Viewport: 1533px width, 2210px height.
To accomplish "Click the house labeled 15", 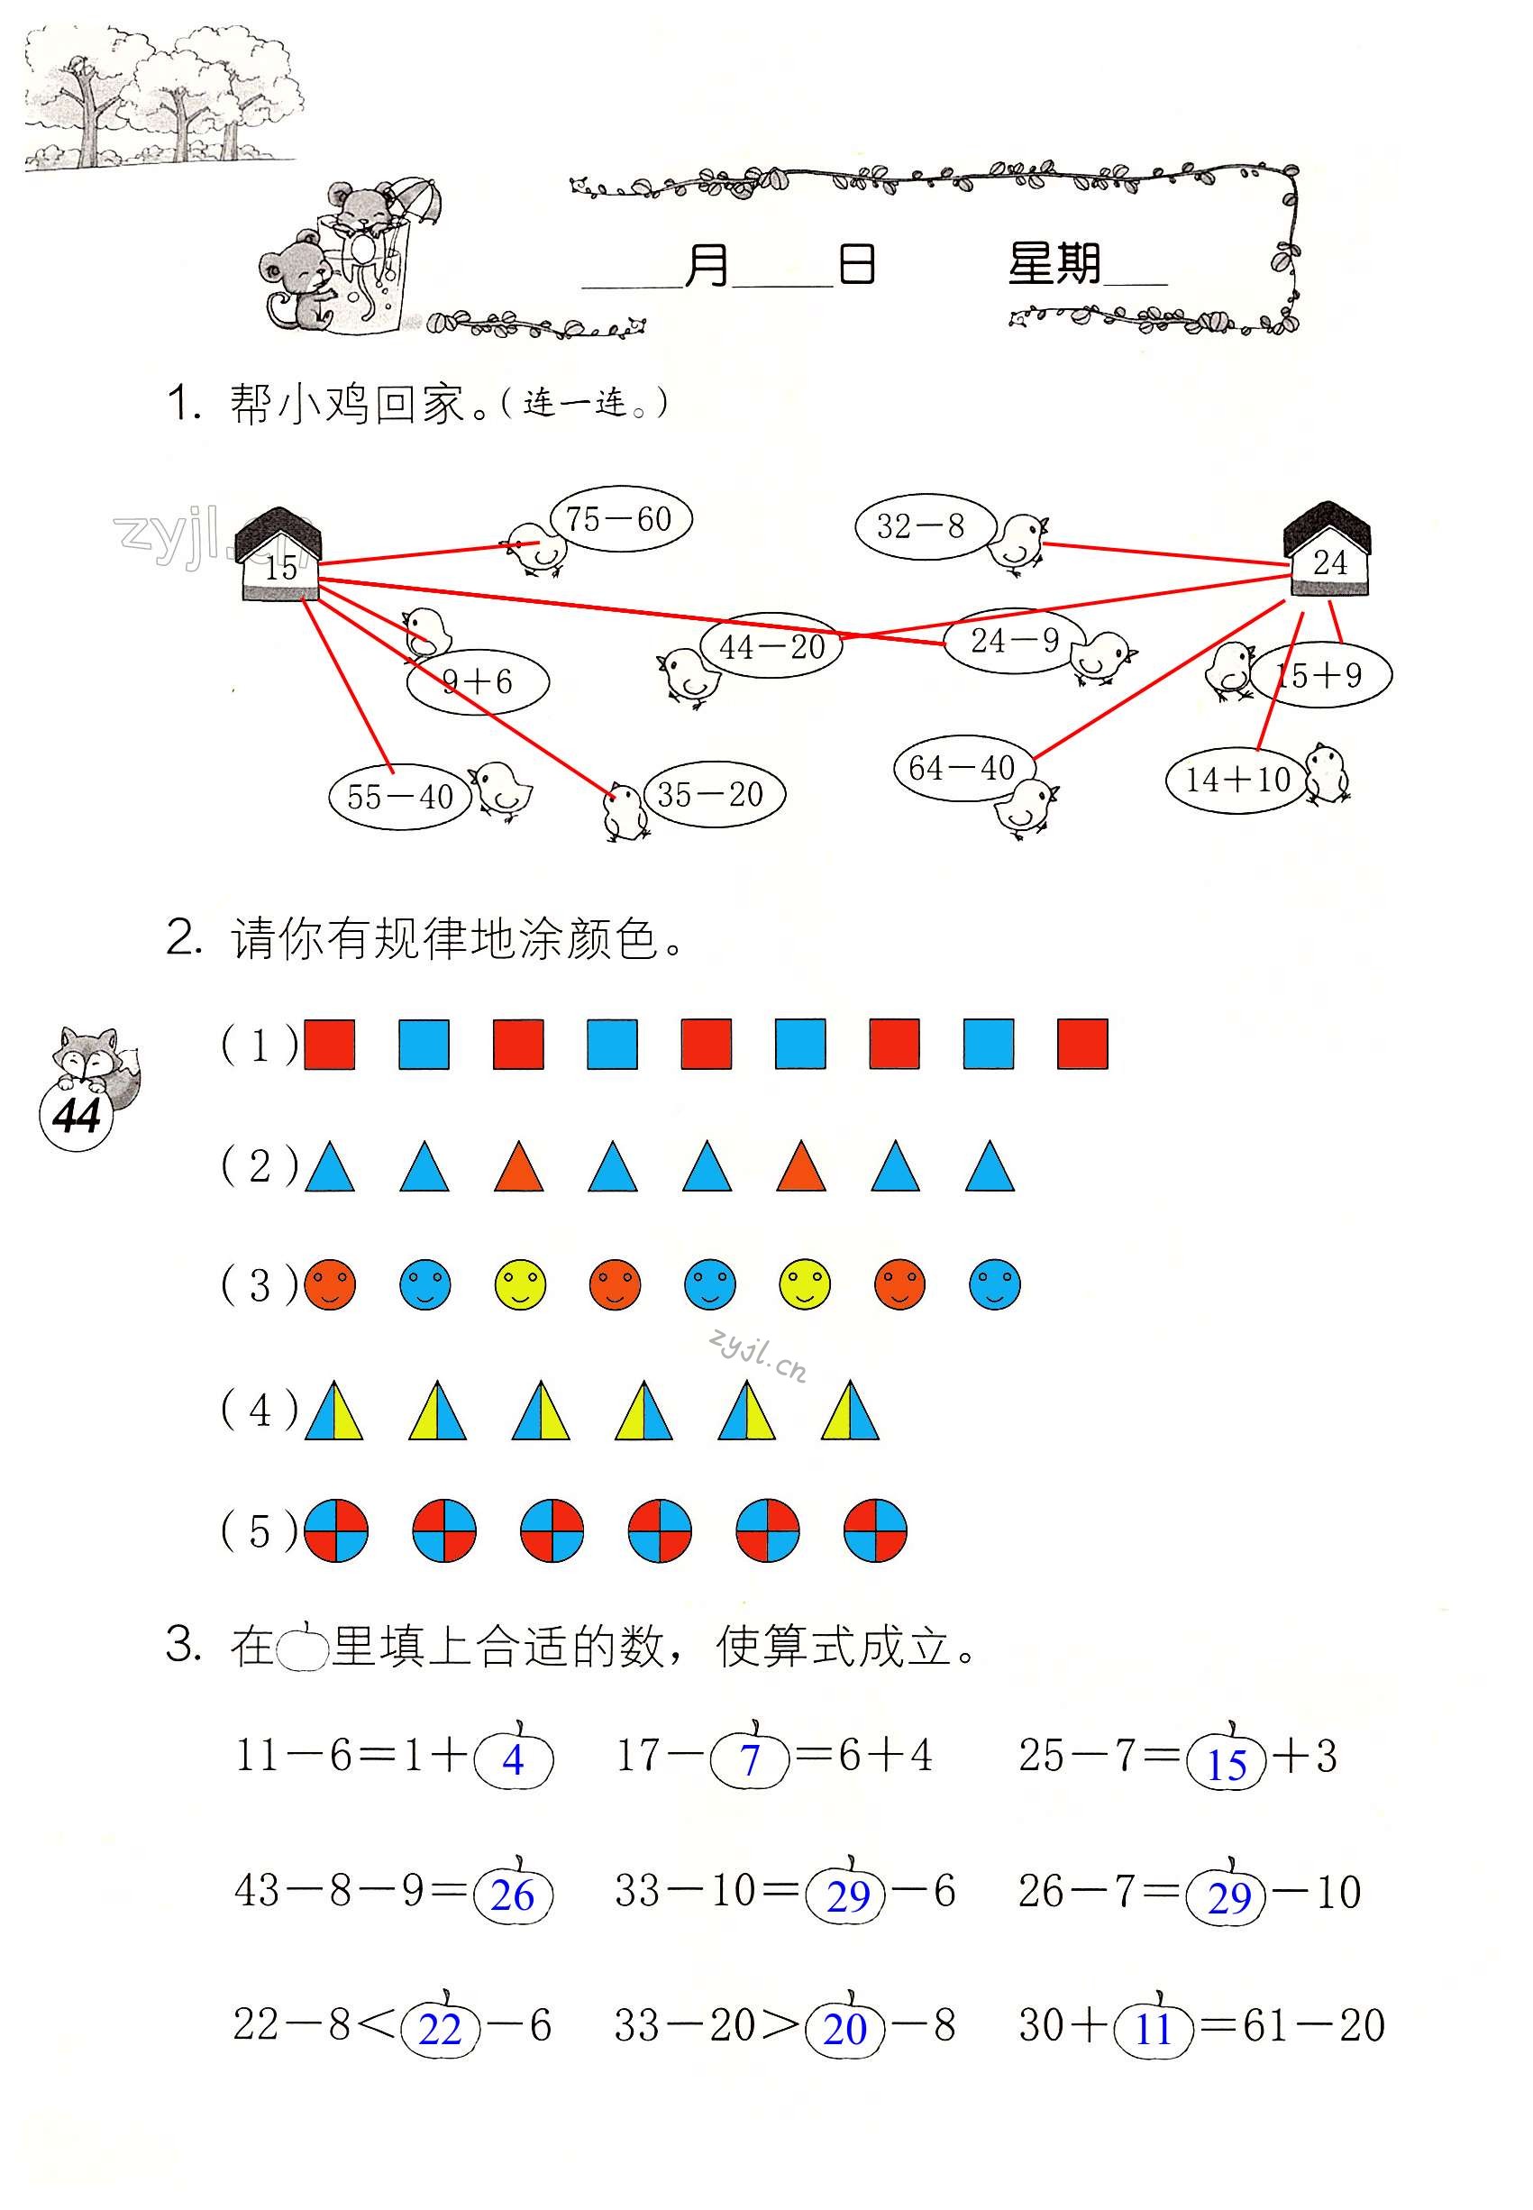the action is tap(278, 557).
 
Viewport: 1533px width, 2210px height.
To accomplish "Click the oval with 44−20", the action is tap(772, 646).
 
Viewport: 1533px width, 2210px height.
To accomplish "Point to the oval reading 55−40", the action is tap(399, 796).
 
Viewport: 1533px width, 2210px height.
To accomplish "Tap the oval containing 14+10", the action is tap(1237, 779).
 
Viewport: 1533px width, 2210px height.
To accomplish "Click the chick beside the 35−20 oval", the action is tap(624, 809).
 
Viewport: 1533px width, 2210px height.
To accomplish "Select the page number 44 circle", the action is tap(77, 1116).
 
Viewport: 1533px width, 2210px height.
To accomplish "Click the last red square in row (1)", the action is tap(1081, 1044).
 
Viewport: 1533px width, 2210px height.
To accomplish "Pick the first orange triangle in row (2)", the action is tap(519, 1167).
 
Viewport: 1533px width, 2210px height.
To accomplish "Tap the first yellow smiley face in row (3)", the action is tap(520, 1285).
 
